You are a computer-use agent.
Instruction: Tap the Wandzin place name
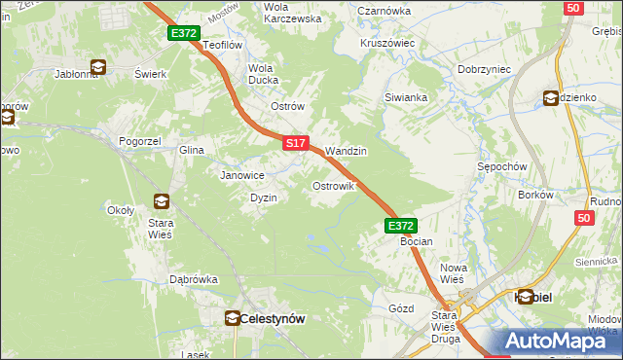click(x=346, y=152)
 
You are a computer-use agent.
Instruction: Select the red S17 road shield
click(x=297, y=143)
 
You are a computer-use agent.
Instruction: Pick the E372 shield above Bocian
click(x=400, y=226)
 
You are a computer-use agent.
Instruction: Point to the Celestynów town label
click(x=272, y=318)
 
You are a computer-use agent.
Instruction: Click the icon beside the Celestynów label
click(x=233, y=318)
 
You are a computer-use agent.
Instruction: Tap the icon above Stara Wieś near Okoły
click(x=161, y=201)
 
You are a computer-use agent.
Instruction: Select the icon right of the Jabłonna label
click(x=98, y=68)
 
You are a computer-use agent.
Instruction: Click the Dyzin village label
click(x=264, y=198)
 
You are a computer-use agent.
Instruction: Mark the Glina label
click(x=191, y=151)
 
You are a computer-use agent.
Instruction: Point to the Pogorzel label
click(x=139, y=141)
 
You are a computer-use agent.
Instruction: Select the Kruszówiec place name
click(x=387, y=44)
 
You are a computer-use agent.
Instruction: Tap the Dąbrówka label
click(x=194, y=279)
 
